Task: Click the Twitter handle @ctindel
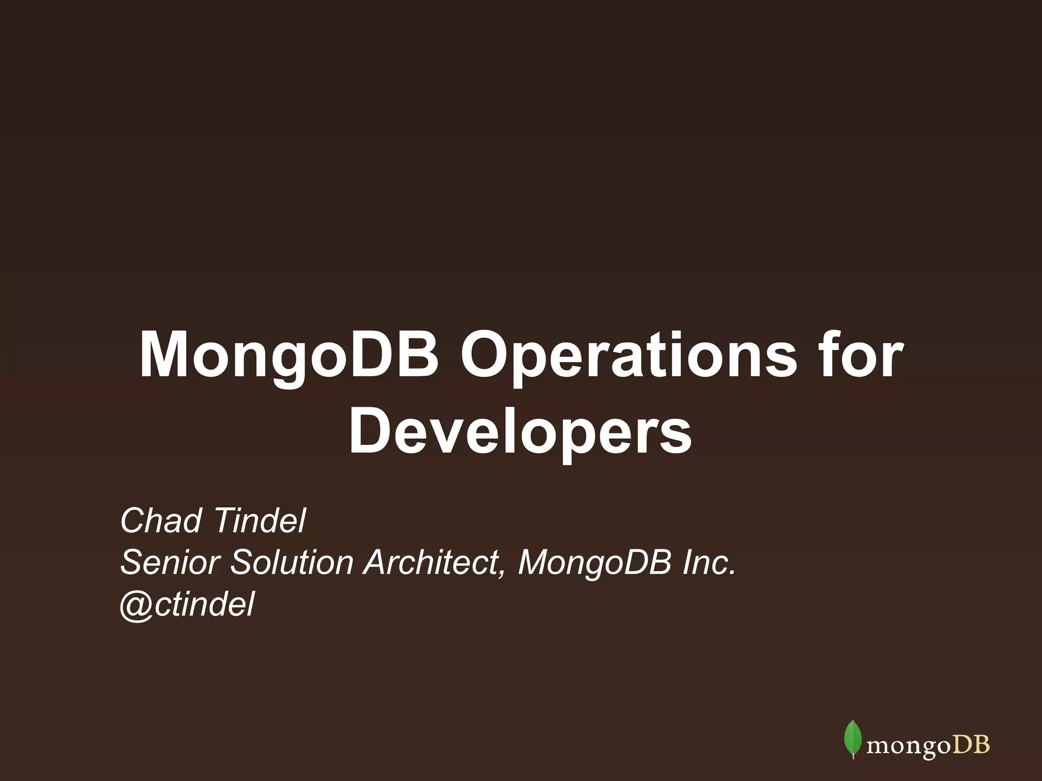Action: click(x=187, y=605)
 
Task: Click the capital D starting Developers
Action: click(x=367, y=432)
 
